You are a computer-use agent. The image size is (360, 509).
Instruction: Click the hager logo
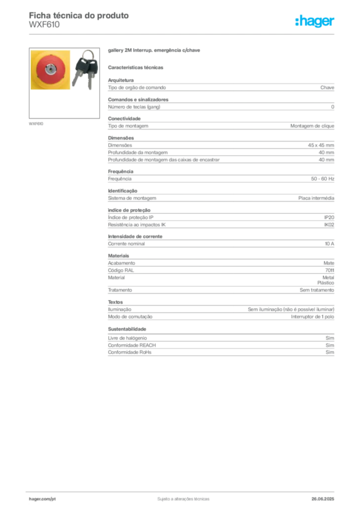pos(314,21)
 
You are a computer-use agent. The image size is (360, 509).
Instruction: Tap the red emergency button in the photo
pos(50,70)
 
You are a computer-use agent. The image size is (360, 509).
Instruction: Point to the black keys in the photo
pos(85,70)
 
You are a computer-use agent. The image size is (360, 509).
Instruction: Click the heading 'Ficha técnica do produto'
pos(79,15)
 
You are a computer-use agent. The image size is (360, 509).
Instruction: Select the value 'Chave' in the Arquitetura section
pos(327,87)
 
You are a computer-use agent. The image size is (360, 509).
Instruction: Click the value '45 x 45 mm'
pos(321,145)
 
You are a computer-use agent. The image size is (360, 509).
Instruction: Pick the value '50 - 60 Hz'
pos(323,179)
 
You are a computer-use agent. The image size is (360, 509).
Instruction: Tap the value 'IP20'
pos(329,218)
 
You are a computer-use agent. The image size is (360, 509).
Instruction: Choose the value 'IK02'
pos(329,225)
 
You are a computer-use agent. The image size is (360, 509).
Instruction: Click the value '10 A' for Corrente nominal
pos(330,244)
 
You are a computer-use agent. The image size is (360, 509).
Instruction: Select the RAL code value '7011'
pos(330,270)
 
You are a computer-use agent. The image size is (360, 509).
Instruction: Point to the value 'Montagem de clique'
pos(312,126)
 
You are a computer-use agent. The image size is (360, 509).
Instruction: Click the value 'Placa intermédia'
pos(316,198)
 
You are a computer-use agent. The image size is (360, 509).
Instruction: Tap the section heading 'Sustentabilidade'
pos(127,329)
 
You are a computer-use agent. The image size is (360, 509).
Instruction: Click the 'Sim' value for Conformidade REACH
pos(330,345)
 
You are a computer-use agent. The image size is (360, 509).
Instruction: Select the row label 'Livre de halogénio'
pos(127,338)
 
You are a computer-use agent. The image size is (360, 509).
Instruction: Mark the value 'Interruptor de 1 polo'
pos(313,317)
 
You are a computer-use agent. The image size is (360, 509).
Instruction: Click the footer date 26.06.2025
pos(323,499)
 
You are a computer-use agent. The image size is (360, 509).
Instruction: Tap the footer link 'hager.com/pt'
pos(42,499)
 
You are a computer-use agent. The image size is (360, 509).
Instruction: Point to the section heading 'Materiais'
pos(118,256)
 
